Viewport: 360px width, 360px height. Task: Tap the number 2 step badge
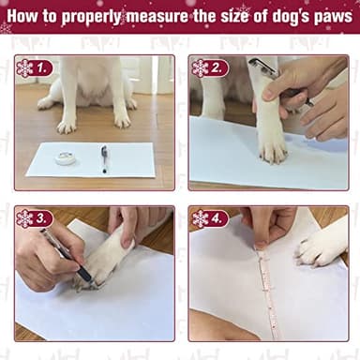point(217,67)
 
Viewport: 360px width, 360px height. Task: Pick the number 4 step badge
point(217,218)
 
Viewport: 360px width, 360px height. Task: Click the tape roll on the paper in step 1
point(66,158)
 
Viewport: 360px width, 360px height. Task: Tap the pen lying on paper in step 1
point(104,157)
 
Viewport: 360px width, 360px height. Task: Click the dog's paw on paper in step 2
point(271,146)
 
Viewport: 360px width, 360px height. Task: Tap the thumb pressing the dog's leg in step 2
point(274,91)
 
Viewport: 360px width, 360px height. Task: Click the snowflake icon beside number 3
point(24,218)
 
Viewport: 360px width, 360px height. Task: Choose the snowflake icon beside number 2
point(200,67)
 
